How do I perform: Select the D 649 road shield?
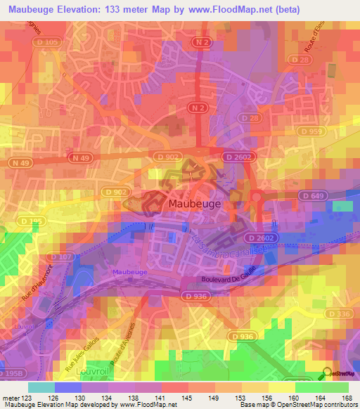coord(310,195)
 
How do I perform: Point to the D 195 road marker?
coord(18,221)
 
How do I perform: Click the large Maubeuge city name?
coord(195,203)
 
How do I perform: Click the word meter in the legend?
coord(10,398)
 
